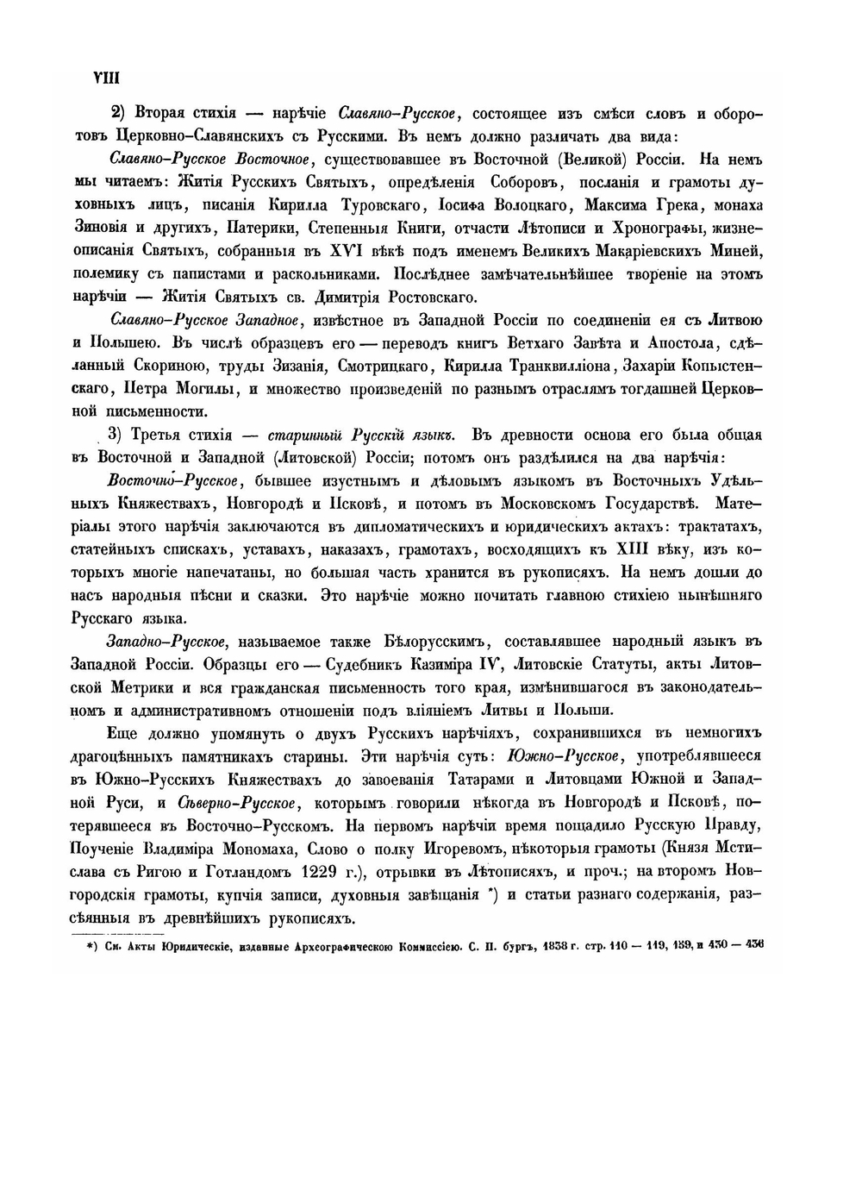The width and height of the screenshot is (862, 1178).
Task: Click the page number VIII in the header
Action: point(104,77)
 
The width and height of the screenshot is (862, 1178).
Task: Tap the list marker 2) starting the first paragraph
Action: point(118,114)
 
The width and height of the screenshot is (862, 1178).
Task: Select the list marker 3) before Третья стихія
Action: point(116,434)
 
